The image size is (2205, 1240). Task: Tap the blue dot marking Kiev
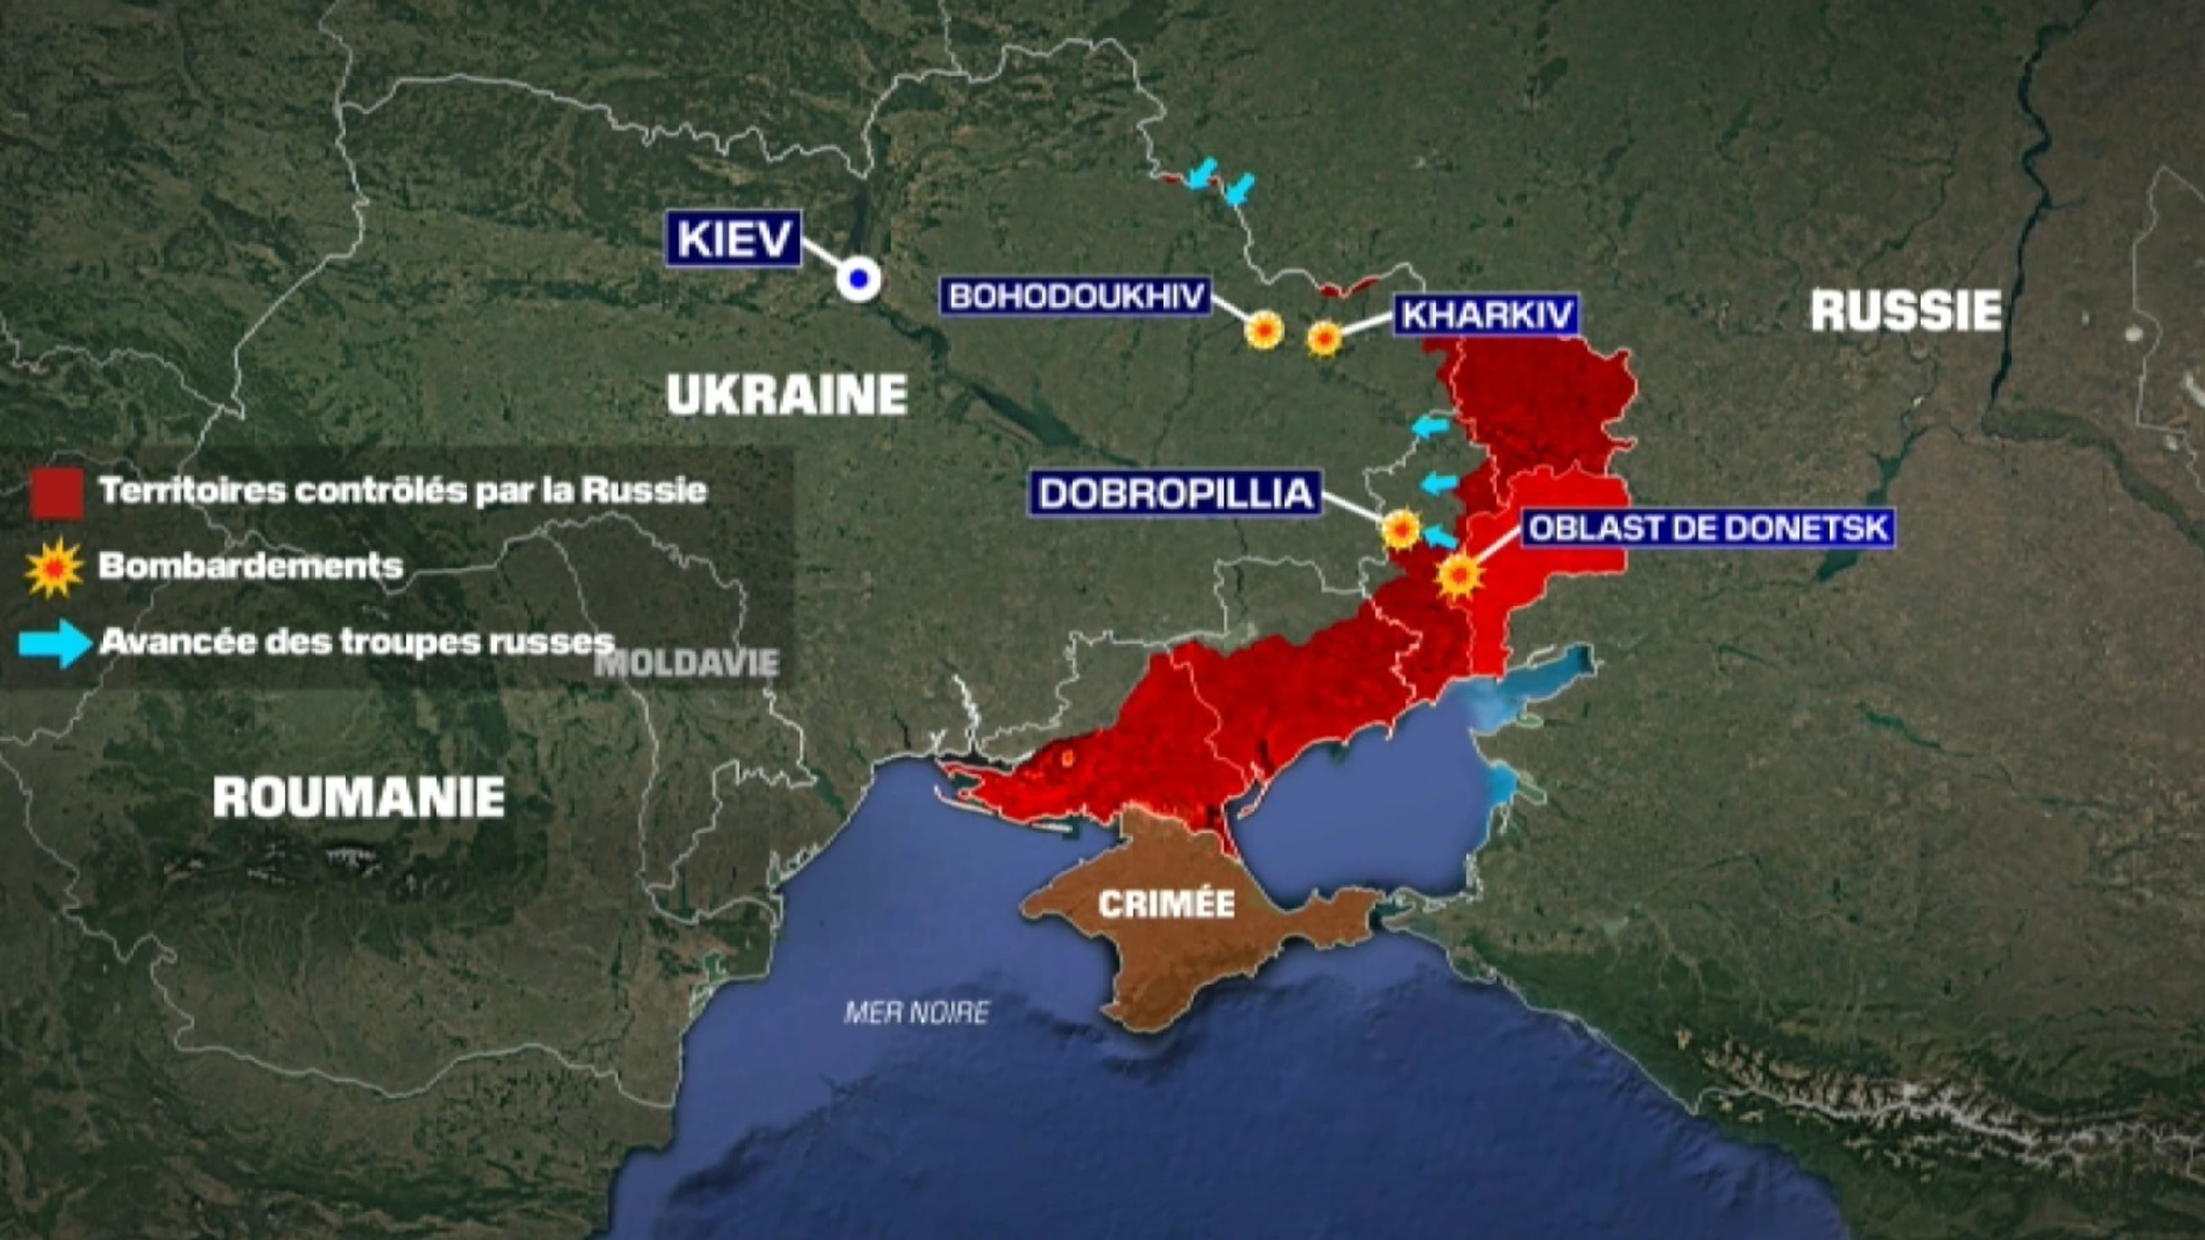pos(859,279)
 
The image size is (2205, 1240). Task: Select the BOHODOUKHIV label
pos(1076,296)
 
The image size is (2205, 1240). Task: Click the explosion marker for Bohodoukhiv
pos(1264,329)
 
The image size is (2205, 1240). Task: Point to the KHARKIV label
pos(1487,315)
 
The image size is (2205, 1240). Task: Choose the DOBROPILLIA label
pos(1176,494)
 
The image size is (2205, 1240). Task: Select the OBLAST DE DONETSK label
pos(1707,528)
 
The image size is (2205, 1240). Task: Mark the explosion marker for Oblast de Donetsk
pos(1459,576)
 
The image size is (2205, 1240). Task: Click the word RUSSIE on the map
pos(1905,311)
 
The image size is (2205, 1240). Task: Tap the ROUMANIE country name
pos(358,797)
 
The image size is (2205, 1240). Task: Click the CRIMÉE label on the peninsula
pos(1166,905)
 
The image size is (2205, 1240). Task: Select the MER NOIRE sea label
pos(916,1013)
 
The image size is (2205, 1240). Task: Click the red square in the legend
pos(57,493)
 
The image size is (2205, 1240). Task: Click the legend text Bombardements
pos(250,566)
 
